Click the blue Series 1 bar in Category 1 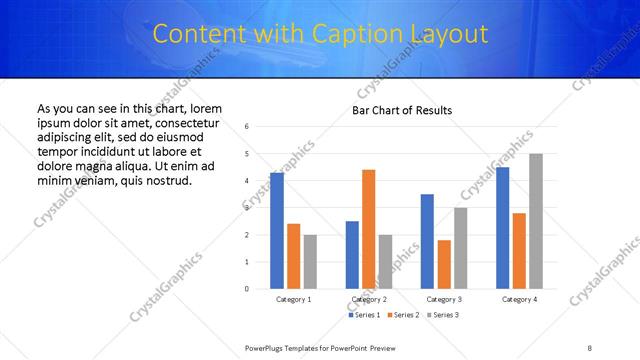[x=276, y=231]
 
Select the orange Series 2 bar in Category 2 [x=369, y=229]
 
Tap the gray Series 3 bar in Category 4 [x=536, y=221]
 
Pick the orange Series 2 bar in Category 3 [x=445, y=264]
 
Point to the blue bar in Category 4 [x=502, y=228]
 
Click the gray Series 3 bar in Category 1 [x=310, y=262]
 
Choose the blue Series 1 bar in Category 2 [x=352, y=255]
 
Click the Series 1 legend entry [x=364, y=315]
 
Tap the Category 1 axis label [x=293, y=299]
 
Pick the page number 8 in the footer [x=589, y=347]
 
